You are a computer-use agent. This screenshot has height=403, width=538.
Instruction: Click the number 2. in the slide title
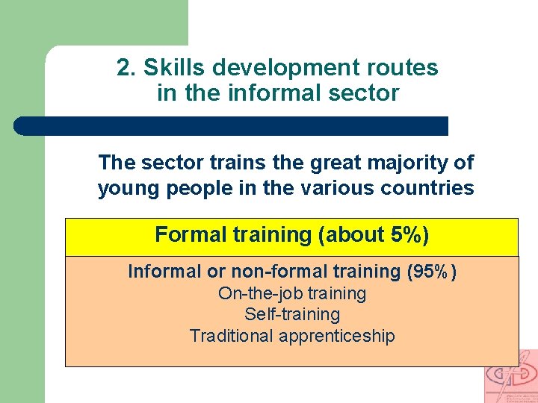(x=126, y=68)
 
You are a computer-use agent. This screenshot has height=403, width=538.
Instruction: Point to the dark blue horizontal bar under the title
(x=232, y=125)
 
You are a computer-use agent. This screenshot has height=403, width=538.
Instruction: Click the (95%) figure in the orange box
(x=431, y=272)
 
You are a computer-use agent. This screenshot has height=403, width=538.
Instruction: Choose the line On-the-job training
(x=292, y=293)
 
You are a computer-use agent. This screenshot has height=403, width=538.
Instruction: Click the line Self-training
(x=292, y=315)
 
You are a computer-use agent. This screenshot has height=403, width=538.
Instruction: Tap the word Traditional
(x=232, y=336)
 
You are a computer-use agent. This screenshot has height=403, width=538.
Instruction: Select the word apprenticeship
(x=337, y=337)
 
